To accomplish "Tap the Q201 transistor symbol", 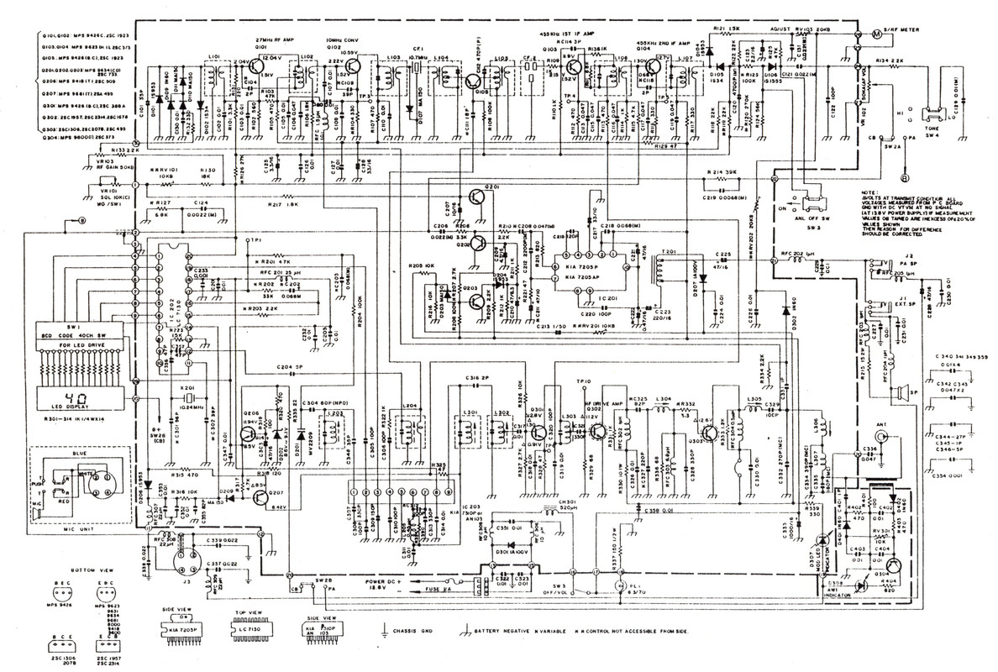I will click(475, 197).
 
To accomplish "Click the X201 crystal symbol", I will click(191, 397).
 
